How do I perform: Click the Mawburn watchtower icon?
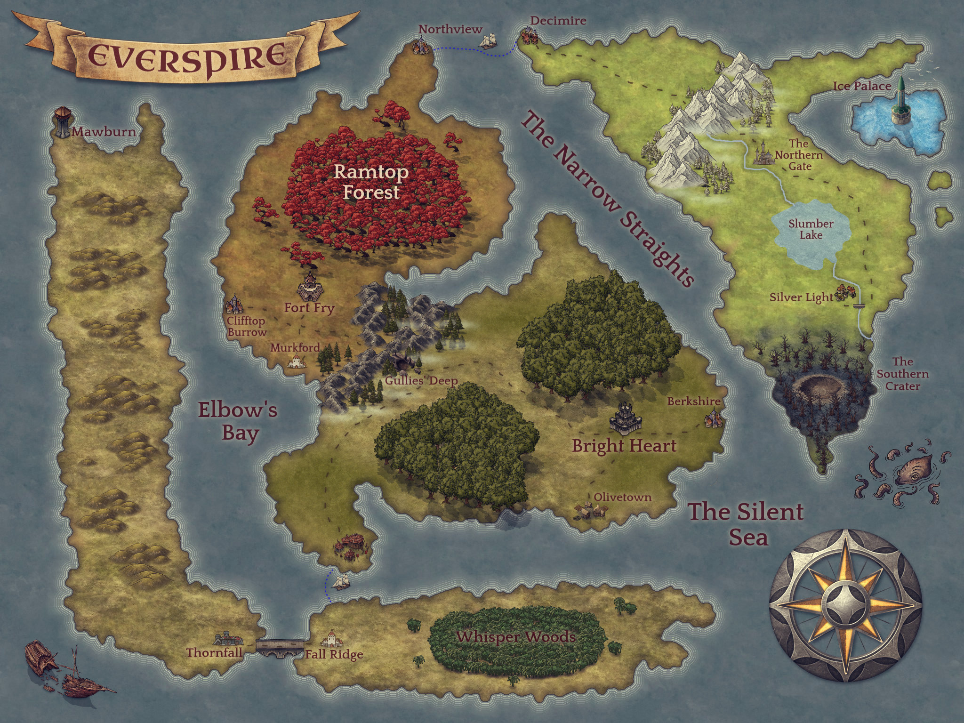coord(62,122)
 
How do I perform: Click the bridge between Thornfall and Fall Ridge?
coord(280,647)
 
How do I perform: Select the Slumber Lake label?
coord(811,229)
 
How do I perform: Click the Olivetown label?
coord(622,497)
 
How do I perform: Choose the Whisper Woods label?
coord(515,637)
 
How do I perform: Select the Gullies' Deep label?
coord(421,381)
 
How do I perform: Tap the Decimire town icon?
coord(530,36)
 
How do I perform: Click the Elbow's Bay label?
coord(238,421)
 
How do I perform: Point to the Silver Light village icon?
coord(845,293)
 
